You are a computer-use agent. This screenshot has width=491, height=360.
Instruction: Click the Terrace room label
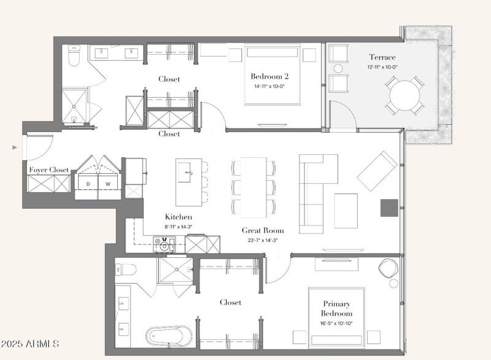tap(382, 57)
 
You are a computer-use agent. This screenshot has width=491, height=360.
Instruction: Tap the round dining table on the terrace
tap(404, 96)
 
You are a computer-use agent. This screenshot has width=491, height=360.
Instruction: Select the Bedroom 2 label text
tap(269, 76)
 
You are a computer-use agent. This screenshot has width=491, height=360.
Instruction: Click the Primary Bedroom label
tap(336, 308)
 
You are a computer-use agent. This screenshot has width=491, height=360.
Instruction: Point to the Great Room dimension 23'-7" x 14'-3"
tap(263, 241)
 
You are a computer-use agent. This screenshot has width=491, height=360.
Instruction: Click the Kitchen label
tap(179, 217)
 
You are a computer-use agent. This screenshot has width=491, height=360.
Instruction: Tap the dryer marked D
tap(88, 184)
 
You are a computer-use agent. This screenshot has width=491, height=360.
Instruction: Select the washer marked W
tap(108, 184)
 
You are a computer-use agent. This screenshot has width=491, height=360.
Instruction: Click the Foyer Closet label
tap(49, 170)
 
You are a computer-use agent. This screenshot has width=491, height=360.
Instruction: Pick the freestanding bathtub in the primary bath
tap(169, 337)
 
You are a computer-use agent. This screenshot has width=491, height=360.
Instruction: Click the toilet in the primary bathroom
tap(126, 270)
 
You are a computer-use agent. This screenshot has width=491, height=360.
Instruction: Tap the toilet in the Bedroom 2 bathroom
tap(74, 56)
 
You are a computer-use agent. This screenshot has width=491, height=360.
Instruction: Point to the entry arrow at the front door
tap(14, 147)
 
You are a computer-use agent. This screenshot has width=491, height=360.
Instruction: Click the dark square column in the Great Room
tap(389, 208)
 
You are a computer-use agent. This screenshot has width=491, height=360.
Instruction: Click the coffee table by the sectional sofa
tap(346, 211)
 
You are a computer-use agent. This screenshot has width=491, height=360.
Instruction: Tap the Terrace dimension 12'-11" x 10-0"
tap(382, 67)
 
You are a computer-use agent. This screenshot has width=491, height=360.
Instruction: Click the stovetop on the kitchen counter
tap(164, 245)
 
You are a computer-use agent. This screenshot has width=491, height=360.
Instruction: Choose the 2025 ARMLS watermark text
tap(29, 343)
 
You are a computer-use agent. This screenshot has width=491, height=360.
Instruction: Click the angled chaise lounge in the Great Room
tap(377, 171)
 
